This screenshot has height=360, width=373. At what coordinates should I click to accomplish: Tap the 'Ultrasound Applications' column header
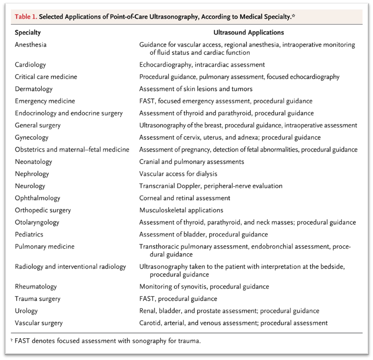(248, 33)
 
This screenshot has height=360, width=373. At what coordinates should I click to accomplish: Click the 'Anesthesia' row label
(30, 45)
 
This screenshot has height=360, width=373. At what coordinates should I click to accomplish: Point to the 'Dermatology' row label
(33, 89)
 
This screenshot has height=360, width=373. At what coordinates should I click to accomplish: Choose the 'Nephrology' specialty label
(32, 174)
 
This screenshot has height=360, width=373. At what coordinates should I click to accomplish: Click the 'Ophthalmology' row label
(37, 198)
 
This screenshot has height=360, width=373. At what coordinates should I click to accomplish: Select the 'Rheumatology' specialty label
(36, 287)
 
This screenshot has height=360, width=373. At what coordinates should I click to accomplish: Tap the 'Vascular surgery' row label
(39, 323)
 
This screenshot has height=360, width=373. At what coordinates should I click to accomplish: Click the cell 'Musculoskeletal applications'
(181, 210)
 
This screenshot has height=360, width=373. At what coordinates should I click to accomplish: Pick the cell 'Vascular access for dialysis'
(178, 174)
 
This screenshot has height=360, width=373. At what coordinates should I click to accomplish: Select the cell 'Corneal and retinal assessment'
(184, 198)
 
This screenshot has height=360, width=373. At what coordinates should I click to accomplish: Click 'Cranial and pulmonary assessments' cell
(191, 162)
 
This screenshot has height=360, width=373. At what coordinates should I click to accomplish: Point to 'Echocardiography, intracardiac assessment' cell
(202, 64)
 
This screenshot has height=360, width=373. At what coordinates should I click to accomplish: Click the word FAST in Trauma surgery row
(147, 299)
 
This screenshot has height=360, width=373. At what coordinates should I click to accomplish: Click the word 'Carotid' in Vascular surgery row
(150, 323)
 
